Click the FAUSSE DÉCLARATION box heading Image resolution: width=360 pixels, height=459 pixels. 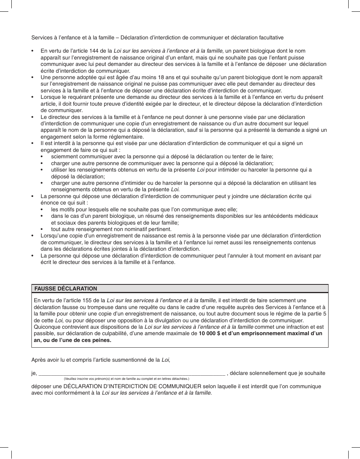pyautogui.click(x=66, y=289)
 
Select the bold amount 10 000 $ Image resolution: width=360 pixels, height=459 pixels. pyautogui.click(x=210, y=333)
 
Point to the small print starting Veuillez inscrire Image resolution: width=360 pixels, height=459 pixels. pyautogui.click(x=126, y=379)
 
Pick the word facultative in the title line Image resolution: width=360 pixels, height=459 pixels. pyautogui.click(x=269, y=37)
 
